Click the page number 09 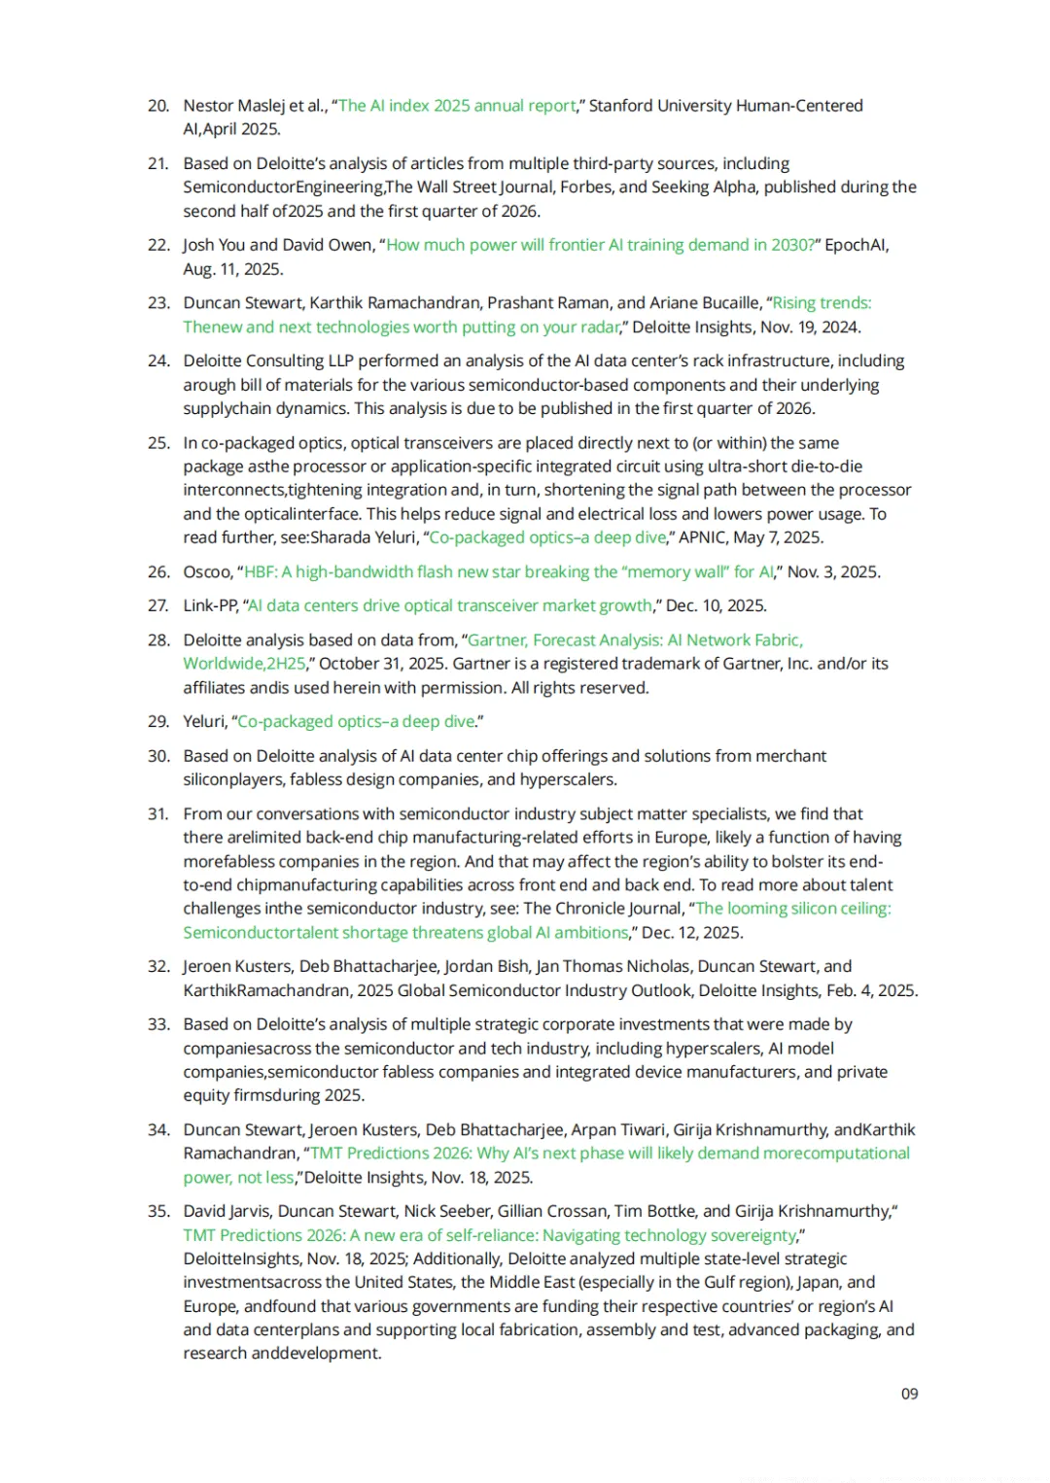pos(909,1394)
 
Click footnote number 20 pos(158,106)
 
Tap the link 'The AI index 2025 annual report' pos(457,106)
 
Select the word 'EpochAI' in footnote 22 pos(857,245)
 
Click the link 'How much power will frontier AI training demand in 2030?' pos(600,245)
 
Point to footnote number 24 pos(158,362)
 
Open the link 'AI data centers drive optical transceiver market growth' pos(450,605)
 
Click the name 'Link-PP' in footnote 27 pos(211,605)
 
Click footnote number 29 pos(158,721)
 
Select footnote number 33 pos(158,1024)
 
